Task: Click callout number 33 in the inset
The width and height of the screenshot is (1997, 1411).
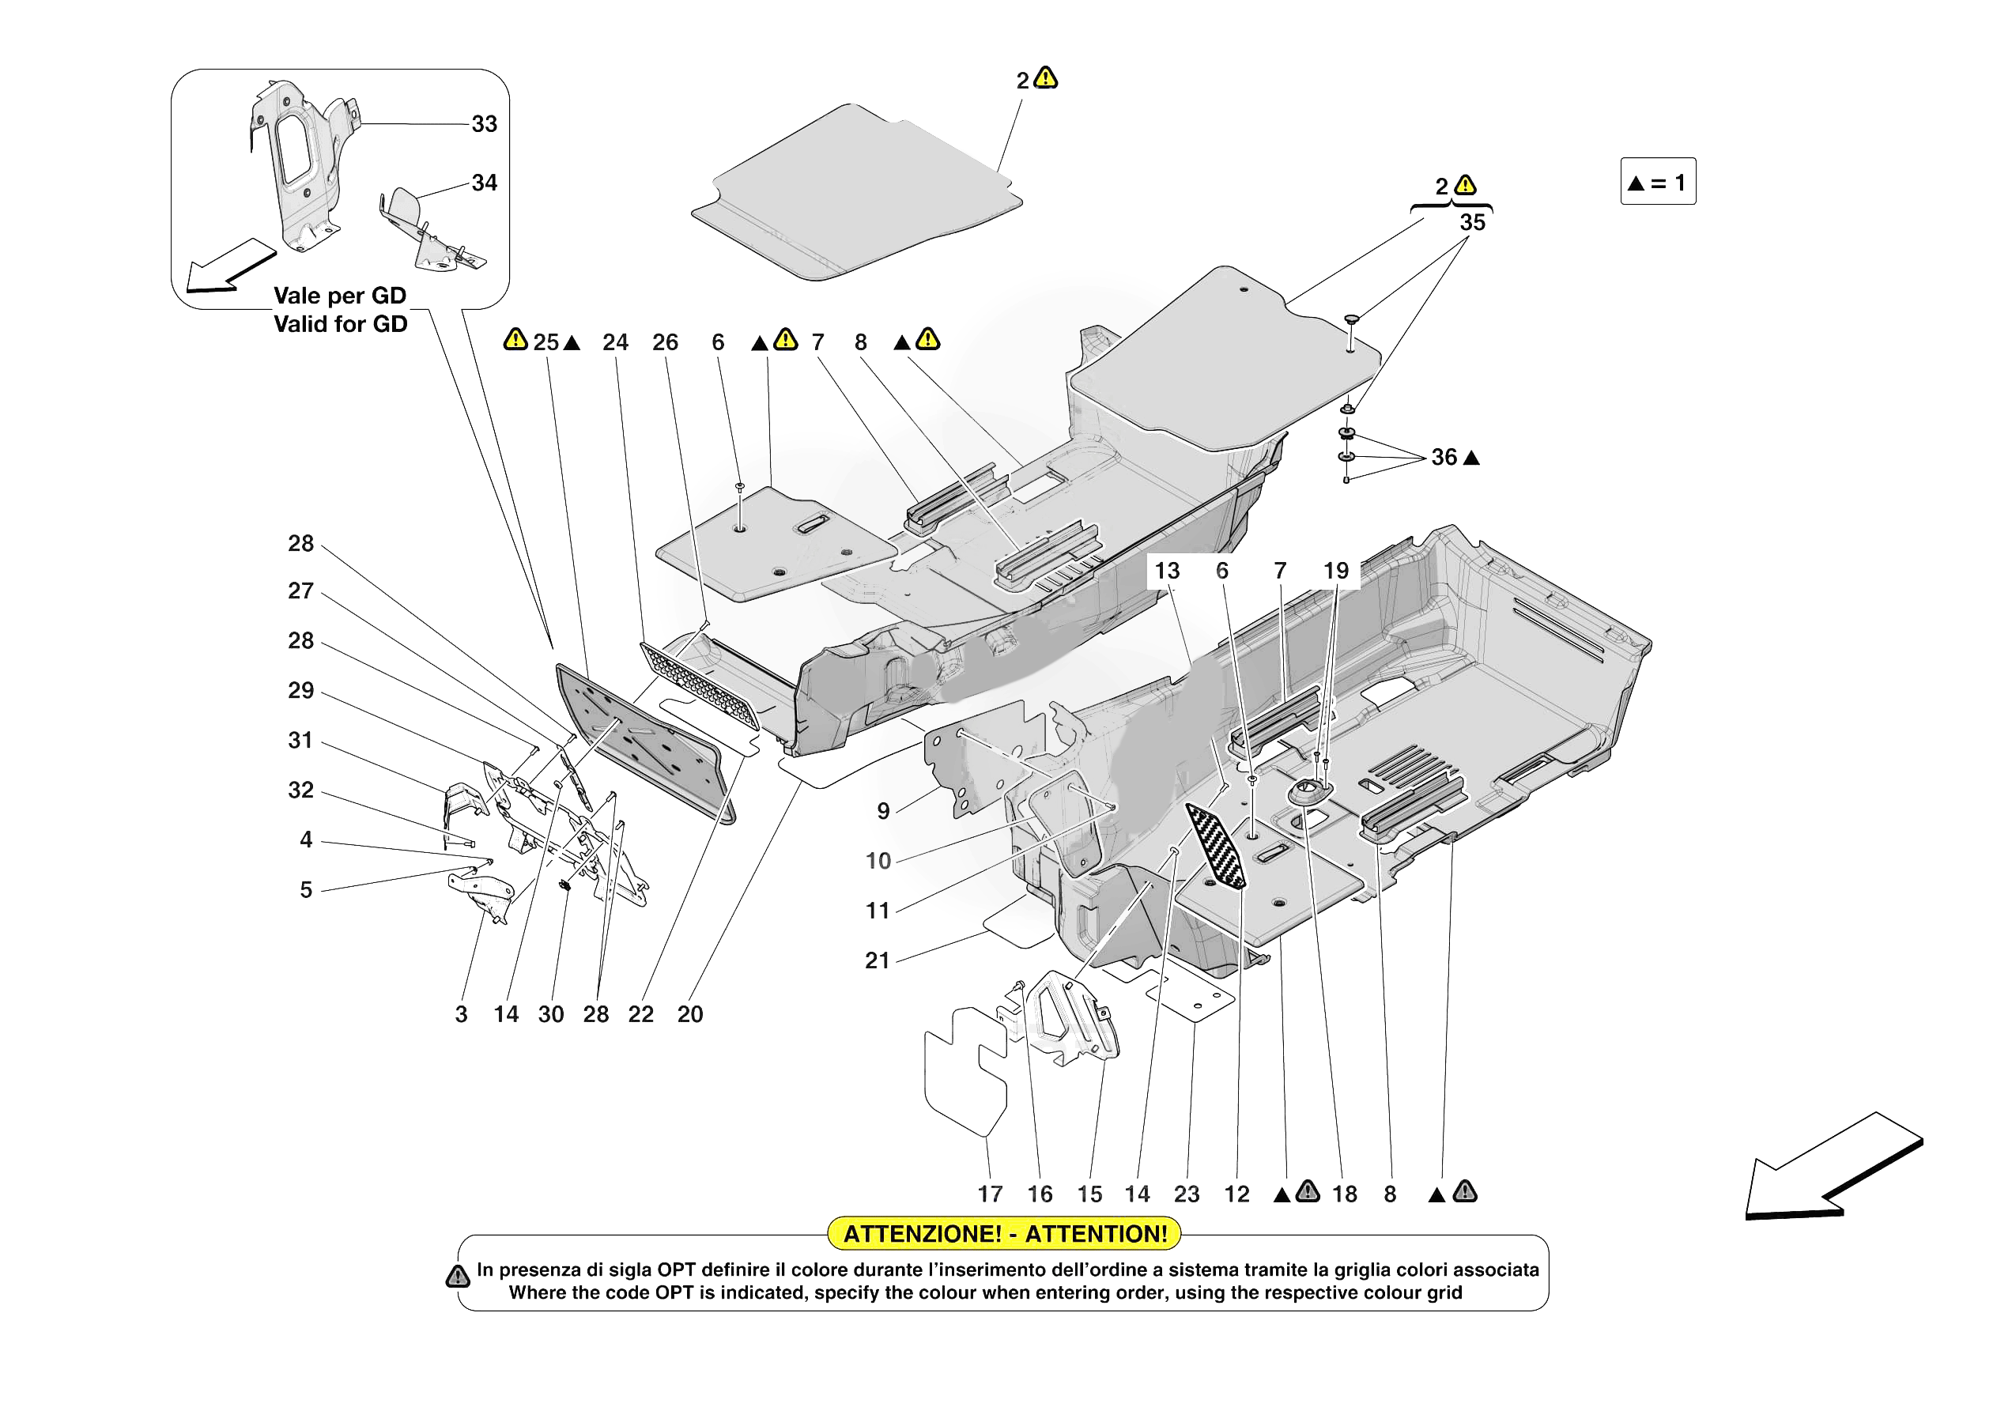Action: pyautogui.click(x=485, y=124)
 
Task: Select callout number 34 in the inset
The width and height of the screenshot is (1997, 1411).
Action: pyautogui.click(x=485, y=183)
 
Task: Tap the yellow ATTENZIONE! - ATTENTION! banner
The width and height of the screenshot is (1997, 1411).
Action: pyautogui.click(x=1005, y=1233)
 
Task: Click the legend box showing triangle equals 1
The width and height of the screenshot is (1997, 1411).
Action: pyautogui.click(x=1657, y=182)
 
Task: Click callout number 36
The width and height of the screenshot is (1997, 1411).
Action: pyautogui.click(x=1444, y=458)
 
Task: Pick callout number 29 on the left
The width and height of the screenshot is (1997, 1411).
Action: pyautogui.click(x=301, y=691)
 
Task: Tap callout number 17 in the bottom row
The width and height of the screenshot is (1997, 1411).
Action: pyautogui.click(x=990, y=1194)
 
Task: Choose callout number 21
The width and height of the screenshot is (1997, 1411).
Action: pyautogui.click(x=878, y=960)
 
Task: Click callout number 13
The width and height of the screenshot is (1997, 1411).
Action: pyautogui.click(x=1166, y=571)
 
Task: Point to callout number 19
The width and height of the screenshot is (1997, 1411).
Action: pyautogui.click(x=1336, y=571)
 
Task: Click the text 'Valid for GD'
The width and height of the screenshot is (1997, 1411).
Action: pyautogui.click(x=340, y=324)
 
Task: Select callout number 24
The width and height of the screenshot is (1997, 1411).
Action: pyautogui.click(x=615, y=343)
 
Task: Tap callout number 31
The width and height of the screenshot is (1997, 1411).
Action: pyautogui.click(x=301, y=741)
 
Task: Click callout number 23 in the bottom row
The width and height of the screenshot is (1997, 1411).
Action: pyautogui.click(x=1187, y=1194)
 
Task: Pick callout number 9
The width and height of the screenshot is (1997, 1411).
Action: pyautogui.click(x=883, y=812)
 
